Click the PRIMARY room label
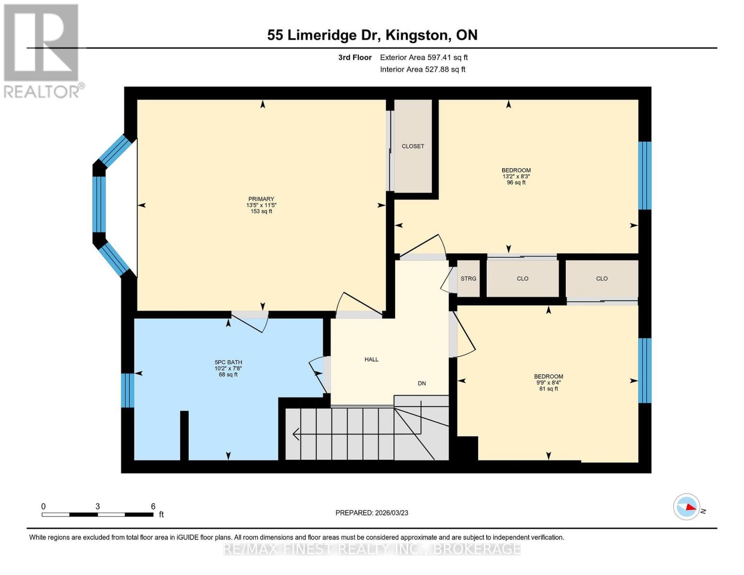261,199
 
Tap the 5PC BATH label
228,362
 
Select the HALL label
371,359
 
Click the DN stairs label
422,383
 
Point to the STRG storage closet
468,278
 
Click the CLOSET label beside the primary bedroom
412,146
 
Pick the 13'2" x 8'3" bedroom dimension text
516,176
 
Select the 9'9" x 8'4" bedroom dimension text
549,382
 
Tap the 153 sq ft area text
261,211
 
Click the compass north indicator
687,506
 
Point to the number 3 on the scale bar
98,506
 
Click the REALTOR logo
42,50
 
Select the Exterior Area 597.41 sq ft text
424,57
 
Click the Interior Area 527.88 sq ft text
423,69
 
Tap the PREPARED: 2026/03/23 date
372,513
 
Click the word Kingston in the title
417,35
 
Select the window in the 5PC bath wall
127,390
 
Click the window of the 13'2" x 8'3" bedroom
645,175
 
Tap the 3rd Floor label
355,57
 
